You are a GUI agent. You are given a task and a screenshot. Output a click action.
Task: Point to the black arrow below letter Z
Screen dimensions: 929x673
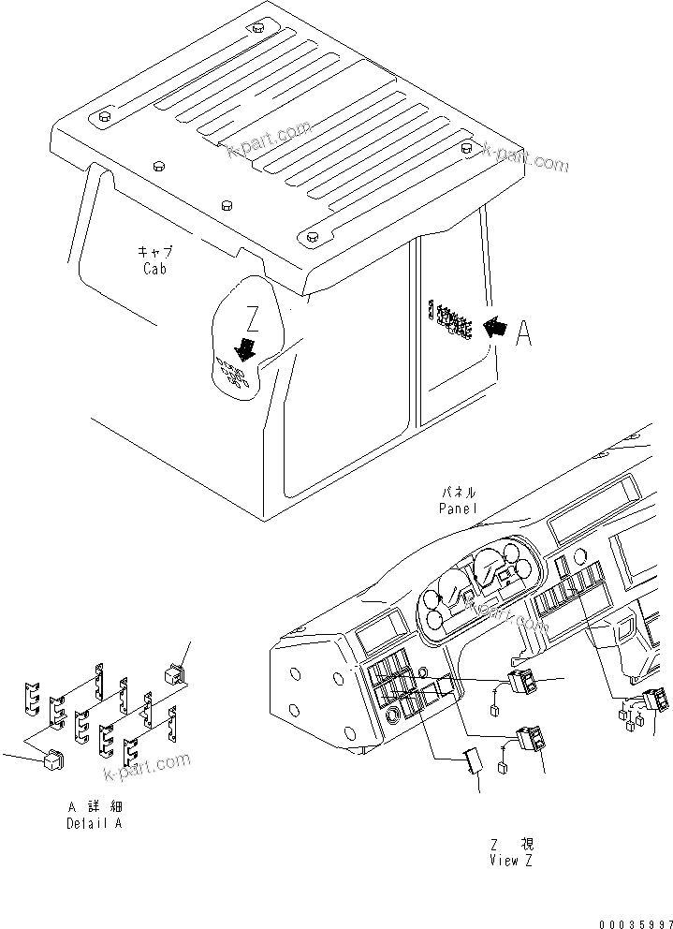246,348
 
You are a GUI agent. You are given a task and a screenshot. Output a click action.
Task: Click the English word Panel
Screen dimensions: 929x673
458,508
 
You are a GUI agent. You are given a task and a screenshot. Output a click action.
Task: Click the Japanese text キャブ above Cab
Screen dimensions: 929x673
154,253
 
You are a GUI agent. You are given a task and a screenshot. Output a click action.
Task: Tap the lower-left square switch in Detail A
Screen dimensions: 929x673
53,763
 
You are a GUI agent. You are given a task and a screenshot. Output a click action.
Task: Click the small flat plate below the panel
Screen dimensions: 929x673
475,762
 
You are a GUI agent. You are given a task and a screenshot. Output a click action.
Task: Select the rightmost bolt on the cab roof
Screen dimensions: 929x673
467,146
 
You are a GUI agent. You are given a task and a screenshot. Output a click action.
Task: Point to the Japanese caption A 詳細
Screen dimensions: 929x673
94,807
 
